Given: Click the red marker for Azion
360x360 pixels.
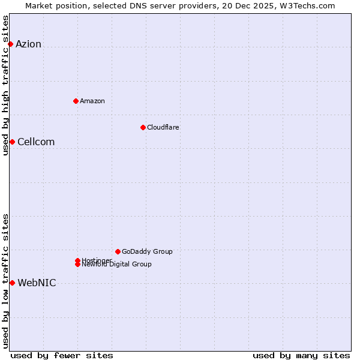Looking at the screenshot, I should [10, 44].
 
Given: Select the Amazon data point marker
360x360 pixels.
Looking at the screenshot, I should [76, 101].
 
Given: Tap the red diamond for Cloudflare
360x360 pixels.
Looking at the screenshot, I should [143, 127].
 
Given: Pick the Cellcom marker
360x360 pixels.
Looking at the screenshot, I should [12, 142].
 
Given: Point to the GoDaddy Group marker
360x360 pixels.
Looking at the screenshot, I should [118, 251].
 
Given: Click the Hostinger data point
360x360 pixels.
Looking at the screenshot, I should [77, 260].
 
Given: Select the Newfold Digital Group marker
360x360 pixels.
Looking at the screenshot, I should [77, 265].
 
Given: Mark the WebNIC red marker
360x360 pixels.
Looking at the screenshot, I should [12, 283].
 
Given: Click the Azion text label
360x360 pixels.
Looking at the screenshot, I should [28, 44].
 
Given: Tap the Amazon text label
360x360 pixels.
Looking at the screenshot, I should [92, 101].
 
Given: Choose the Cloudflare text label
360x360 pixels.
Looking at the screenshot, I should [163, 127].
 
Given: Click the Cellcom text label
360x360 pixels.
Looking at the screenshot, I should [36, 142].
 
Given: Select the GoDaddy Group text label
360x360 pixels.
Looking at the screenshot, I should [147, 251].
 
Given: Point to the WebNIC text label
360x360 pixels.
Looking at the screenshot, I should [37, 283].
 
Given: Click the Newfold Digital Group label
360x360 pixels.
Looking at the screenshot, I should [116, 265].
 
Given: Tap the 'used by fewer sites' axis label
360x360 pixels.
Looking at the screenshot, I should [62, 355].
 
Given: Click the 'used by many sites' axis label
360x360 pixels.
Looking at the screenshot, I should [301, 355].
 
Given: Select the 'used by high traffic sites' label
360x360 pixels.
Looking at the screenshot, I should [5, 85].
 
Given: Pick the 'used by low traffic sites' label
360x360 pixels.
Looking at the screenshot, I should [5, 280].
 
